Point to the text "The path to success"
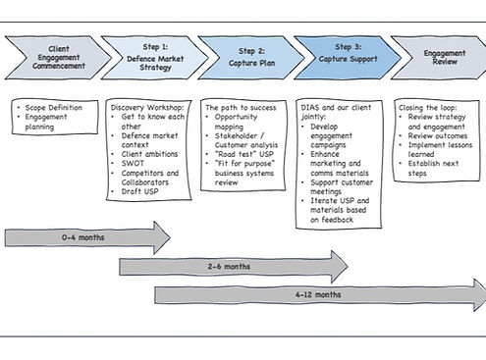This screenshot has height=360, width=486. point(241,107)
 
